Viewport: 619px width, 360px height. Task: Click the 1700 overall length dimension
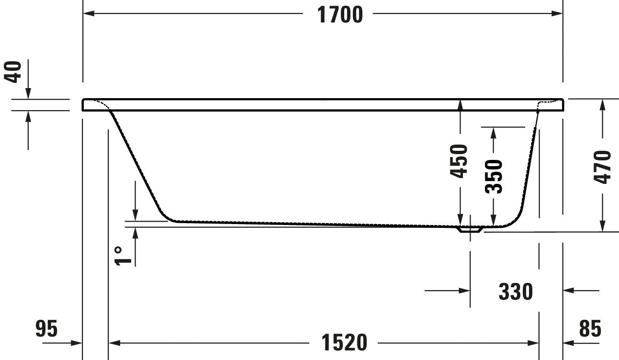340,14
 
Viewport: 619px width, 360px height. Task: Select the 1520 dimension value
344,343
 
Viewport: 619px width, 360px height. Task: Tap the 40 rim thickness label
14,72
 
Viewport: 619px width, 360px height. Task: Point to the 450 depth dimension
460,161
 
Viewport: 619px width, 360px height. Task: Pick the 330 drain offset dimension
515,291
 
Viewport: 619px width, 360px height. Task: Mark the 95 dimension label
46,329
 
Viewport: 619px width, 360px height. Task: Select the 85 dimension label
590,329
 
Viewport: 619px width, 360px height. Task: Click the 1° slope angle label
122,255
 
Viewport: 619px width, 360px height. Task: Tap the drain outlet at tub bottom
470,230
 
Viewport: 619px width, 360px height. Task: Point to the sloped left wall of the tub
136,163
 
